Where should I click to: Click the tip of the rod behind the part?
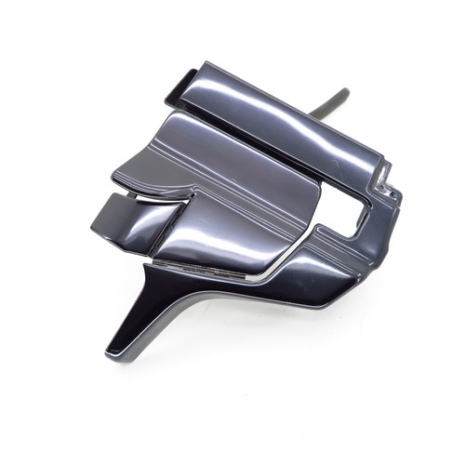click(344, 92)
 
